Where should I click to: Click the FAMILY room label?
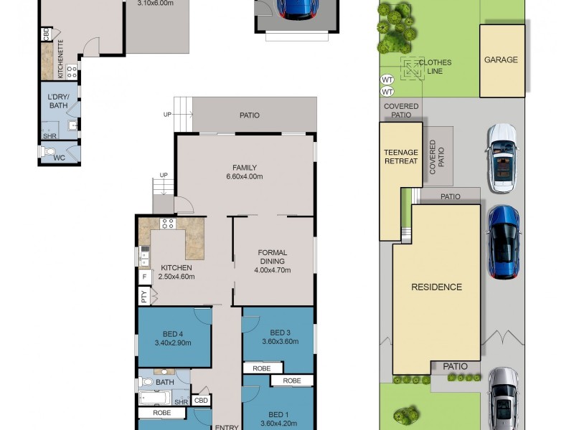tap(244, 166)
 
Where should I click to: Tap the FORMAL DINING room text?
tap(273, 257)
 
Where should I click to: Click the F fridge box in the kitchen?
tap(144, 276)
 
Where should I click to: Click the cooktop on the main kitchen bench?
tap(168, 224)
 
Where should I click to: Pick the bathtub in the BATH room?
tap(156, 398)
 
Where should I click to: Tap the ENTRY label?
tap(227, 427)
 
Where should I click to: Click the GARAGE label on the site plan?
tap(501, 60)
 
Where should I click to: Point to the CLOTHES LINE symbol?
tap(413, 69)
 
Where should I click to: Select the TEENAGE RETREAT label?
tap(401, 156)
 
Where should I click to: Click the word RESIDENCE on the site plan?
tap(436, 287)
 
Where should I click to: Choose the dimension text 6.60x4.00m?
tap(244, 176)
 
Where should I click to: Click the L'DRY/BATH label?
tap(58, 101)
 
